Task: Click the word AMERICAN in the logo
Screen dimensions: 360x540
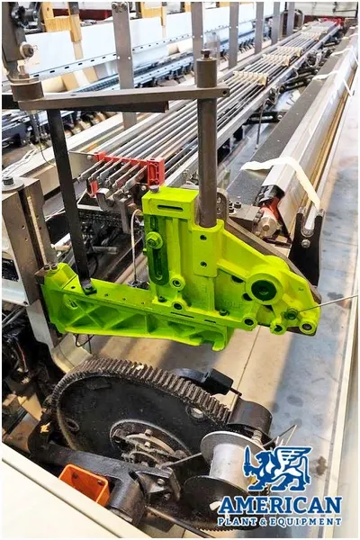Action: (280, 506)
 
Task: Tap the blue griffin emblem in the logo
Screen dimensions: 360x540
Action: (277, 468)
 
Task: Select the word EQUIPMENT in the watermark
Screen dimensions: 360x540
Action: (307, 521)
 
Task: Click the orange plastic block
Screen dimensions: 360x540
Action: (85, 481)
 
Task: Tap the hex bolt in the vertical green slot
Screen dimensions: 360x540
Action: (154, 240)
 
